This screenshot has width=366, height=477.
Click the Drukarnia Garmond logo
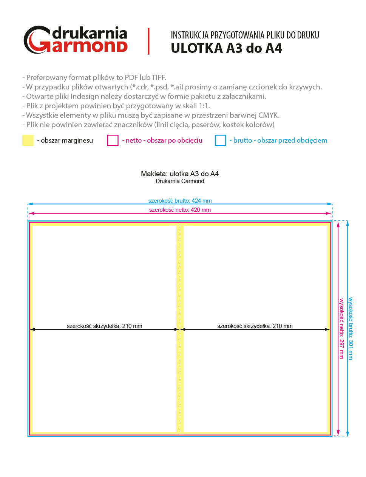click(76, 40)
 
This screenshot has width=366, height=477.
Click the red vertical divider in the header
click(148, 41)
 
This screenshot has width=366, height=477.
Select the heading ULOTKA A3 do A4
click(226, 49)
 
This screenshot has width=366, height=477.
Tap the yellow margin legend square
click(28, 140)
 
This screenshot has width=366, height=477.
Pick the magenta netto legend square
click(113, 140)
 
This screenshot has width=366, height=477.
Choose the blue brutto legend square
click(220, 140)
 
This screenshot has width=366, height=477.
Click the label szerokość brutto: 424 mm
click(180, 201)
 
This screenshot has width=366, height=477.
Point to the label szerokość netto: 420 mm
click(180, 210)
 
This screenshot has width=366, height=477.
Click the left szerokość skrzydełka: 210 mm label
click(104, 326)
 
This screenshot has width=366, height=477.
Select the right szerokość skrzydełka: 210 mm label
click(255, 326)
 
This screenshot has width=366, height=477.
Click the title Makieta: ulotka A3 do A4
click(180, 174)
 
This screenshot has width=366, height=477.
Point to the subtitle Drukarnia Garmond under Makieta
click(180, 181)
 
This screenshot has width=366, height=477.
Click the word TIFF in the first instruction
click(158, 78)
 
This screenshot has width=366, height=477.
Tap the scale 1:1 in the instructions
click(204, 106)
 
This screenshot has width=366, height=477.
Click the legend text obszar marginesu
click(66, 140)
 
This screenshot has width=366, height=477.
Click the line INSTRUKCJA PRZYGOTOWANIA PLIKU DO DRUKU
click(245, 35)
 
